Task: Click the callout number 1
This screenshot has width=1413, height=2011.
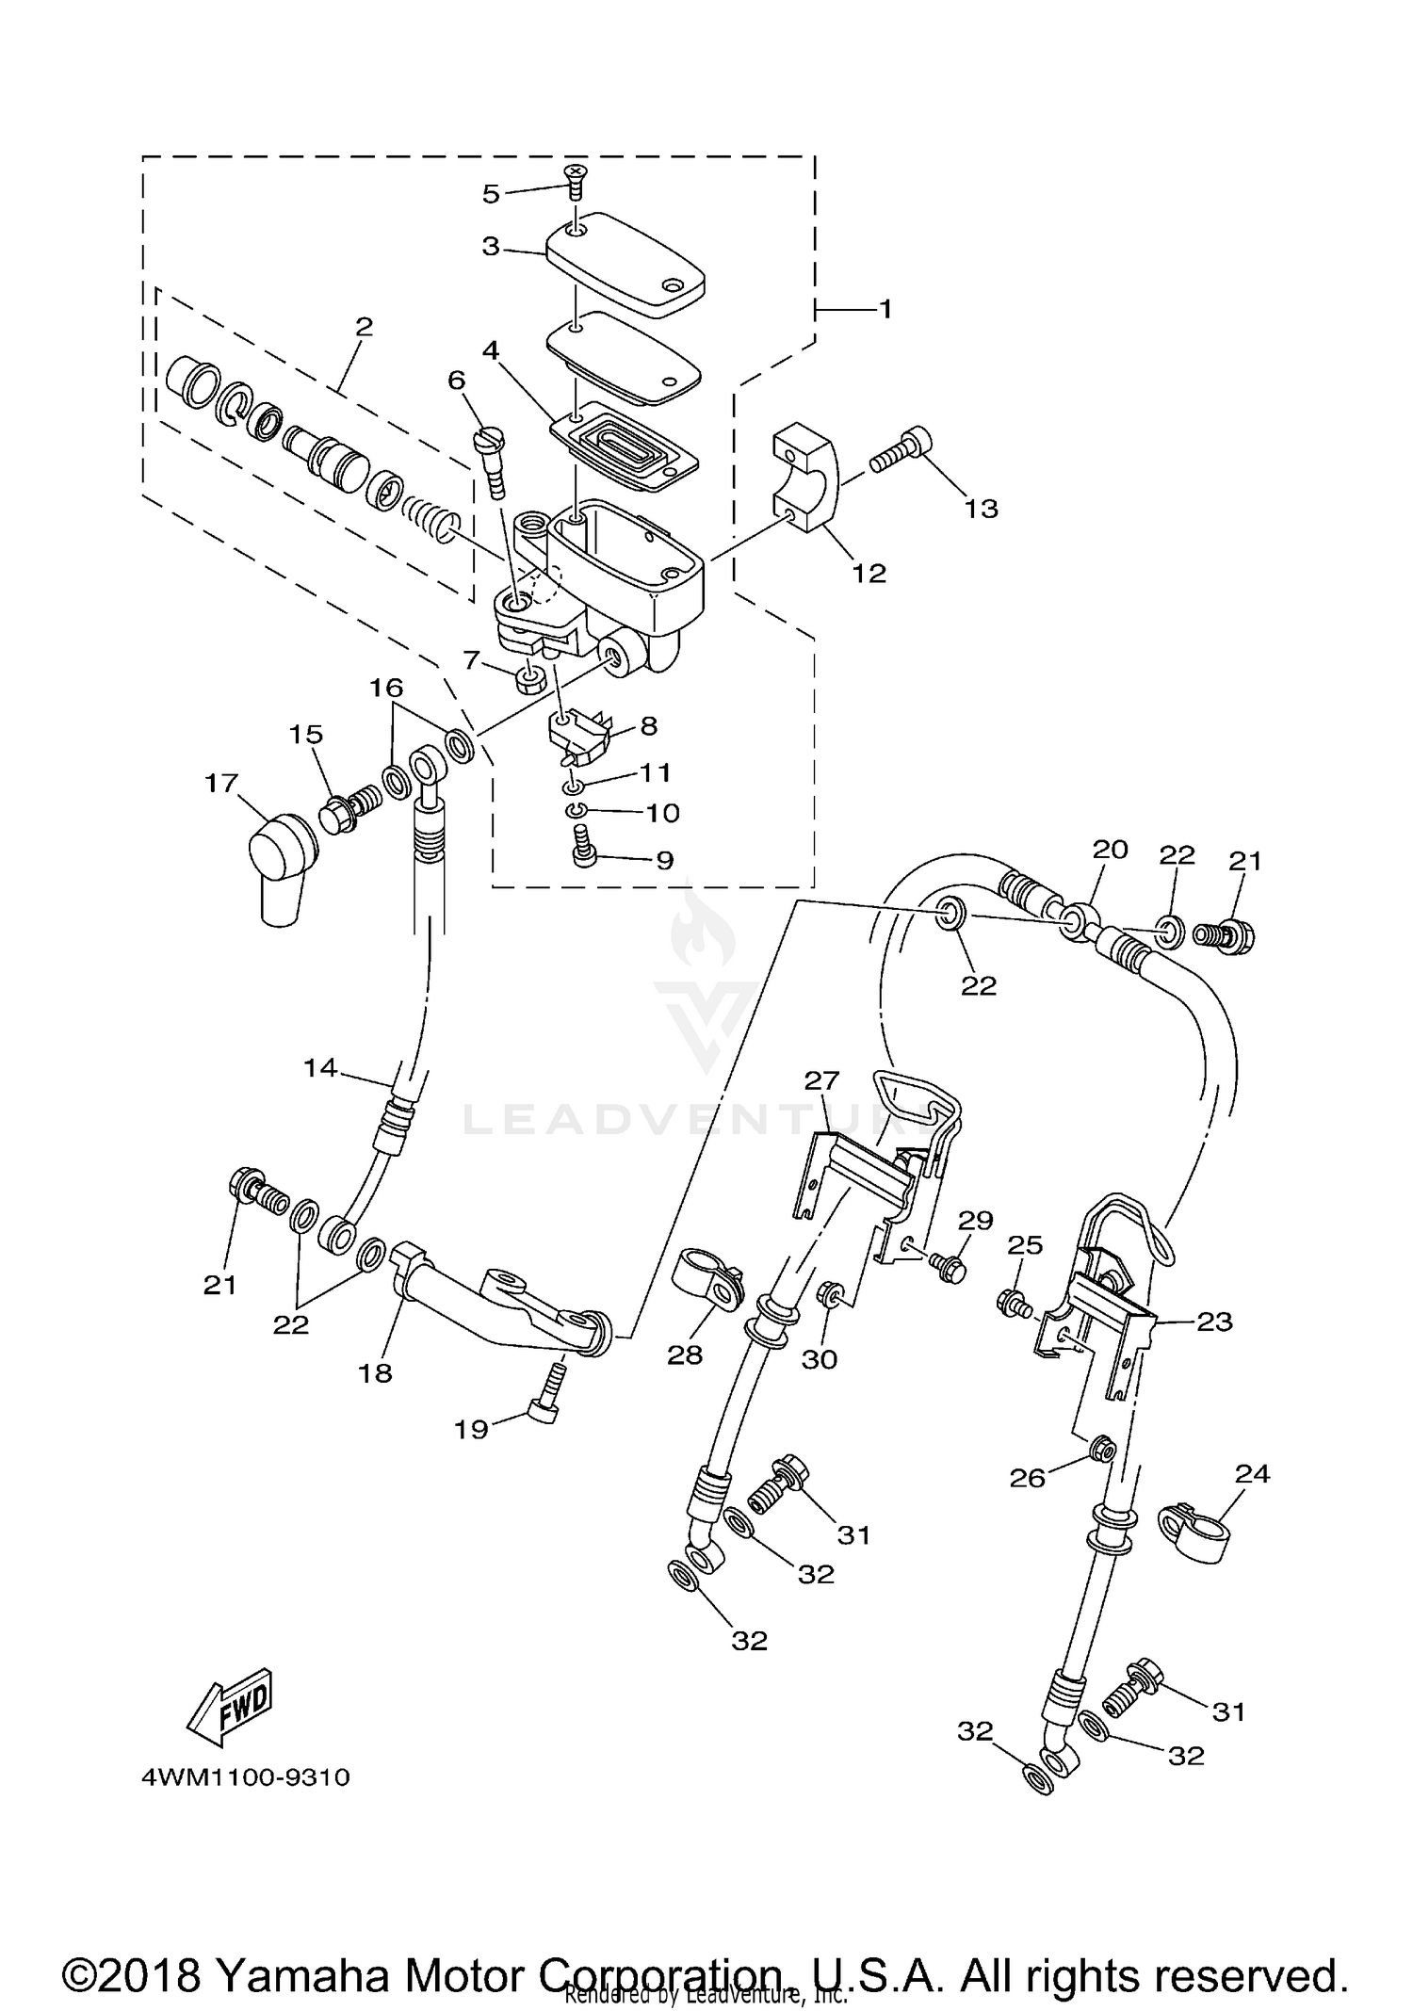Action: coord(885,309)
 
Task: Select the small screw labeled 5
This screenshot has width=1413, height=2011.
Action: coord(573,179)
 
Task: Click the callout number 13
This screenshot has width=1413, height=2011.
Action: coord(981,509)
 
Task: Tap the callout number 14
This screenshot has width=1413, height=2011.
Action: coord(320,1068)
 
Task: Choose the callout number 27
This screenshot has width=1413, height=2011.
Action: coord(821,1080)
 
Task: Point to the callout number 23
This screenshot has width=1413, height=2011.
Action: coord(1213,1322)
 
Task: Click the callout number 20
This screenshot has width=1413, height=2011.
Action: coord(1110,850)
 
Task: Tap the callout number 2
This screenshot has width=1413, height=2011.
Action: coord(364,327)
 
